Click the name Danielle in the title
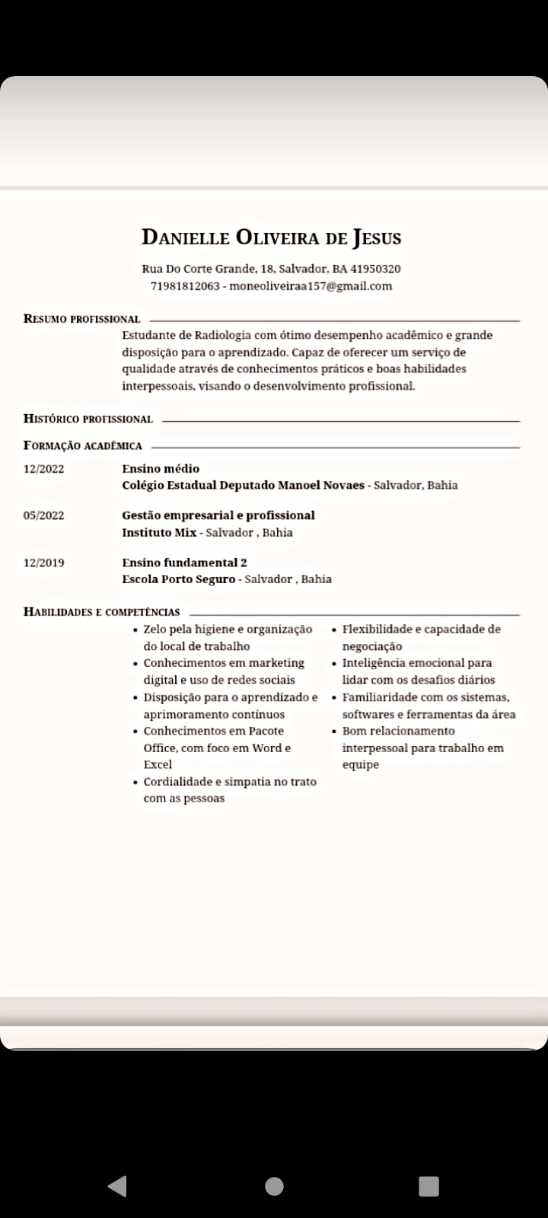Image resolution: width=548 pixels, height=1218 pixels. pyautogui.click(x=186, y=238)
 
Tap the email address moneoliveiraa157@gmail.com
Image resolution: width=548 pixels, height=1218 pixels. pyautogui.click(x=311, y=286)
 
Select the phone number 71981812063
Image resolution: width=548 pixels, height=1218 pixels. pyautogui.click(x=185, y=286)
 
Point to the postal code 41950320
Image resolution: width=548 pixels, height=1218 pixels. pyautogui.click(x=375, y=269)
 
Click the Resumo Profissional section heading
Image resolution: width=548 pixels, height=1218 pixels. pyautogui.click(x=82, y=319)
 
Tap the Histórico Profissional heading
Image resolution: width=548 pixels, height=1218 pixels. pyautogui.click(x=88, y=419)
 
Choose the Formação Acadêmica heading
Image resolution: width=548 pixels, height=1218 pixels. pyautogui.click(x=83, y=445)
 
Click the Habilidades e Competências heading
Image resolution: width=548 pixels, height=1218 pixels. pyautogui.click(x=102, y=611)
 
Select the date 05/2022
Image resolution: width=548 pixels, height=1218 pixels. pyautogui.click(x=44, y=515)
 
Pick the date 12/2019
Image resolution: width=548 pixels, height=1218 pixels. pyautogui.click(x=44, y=563)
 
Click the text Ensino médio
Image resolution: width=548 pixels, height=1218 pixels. pyautogui.click(x=161, y=468)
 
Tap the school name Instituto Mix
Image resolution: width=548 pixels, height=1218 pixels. pyautogui.click(x=159, y=532)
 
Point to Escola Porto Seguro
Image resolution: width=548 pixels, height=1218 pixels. pyautogui.click(x=179, y=579)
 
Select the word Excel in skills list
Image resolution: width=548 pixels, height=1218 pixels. pyautogui.click(x=158, y=764)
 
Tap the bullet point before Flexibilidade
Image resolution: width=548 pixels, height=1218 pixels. pyautogui.click(x=334, y=630)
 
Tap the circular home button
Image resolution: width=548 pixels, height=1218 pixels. pyautogui.click(x=274, y=1185)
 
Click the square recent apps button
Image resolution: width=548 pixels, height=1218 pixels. pyautogui.click(x=429, y=1185)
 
